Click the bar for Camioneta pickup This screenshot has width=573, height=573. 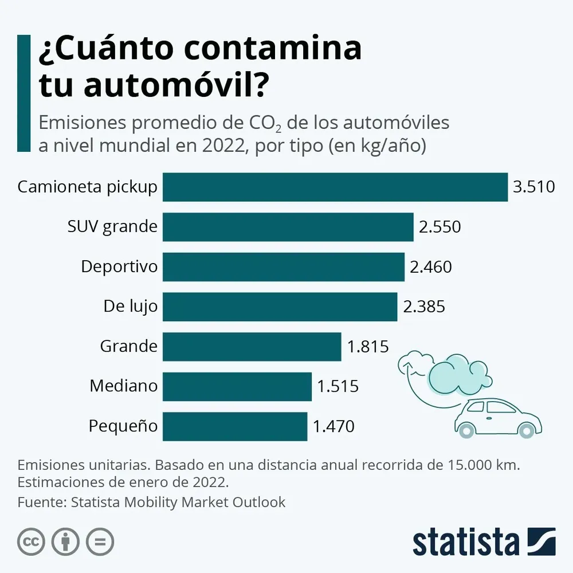(335, 187)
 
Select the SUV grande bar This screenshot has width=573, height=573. (288, 227)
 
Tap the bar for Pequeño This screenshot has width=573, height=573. (235, 426)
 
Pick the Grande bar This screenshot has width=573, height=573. (252, 347)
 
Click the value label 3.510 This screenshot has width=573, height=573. (534, 187)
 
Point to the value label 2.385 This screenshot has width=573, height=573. (424, 307)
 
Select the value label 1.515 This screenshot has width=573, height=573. (338, 387)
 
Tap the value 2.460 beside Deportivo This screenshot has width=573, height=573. (431, 267)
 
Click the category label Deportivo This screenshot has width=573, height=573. (119, 267)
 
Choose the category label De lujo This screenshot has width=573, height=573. (130, 307)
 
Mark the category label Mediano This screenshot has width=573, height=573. (123, 386)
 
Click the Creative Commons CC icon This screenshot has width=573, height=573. (32, 541)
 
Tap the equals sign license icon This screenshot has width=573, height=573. (100, 541)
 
